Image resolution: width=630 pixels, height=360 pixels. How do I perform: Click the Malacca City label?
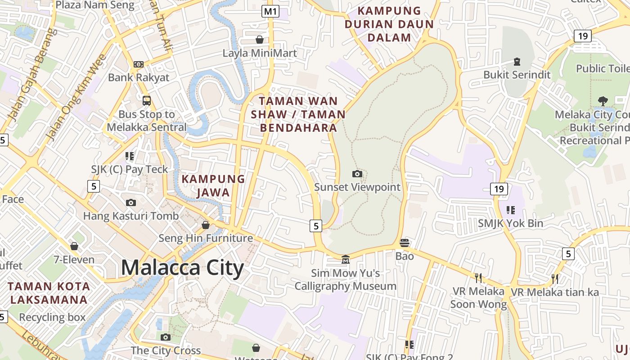pyautogui.click(x=182, y=268)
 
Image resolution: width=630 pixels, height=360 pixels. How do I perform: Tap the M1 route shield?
pyautogui.click(x=270, y=11)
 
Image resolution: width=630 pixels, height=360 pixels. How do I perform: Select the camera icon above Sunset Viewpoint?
pyautogui.click(x=357, y=174)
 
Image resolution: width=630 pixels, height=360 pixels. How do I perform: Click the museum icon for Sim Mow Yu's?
pyautogui.click(x=345, y=259)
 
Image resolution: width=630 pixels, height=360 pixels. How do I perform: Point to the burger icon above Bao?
pyautogui.click(x=404, y=243)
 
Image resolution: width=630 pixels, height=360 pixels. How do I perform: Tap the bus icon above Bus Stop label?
pyautogui.click(x=147, y=100)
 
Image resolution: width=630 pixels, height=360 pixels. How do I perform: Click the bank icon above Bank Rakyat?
pyautogui.click(x=139, y=64)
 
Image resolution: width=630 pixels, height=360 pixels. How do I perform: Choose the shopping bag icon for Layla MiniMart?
pyautogui.click(x=260, y=40)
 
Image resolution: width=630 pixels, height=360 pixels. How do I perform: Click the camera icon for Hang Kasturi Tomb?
pyautogui.click(x=131, y=202)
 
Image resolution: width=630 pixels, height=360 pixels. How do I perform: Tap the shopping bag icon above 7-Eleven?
pyautogui.click(x=74, y=246)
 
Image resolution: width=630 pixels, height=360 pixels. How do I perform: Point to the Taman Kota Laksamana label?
pyautogui.click(x=49, y=292)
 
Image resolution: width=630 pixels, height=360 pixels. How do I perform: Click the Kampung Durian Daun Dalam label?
pyautogui.click(x=389, y=24)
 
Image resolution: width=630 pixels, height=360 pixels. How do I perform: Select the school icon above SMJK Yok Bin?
pyautogui.click(x=510, y=210)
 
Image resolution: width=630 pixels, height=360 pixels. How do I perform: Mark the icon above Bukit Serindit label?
pyautogui.click(x=517, y=61)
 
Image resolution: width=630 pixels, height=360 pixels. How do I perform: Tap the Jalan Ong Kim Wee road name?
pyautogui.click(x=76, y=97)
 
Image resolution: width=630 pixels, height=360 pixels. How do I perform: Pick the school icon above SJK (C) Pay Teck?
pyautogui.click(x=130, y=156)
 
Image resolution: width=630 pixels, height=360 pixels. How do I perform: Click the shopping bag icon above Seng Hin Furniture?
pyautogui.click(x=206, y=225)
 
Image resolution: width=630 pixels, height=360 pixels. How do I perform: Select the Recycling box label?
pyautogui.click(x=52, y=317)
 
